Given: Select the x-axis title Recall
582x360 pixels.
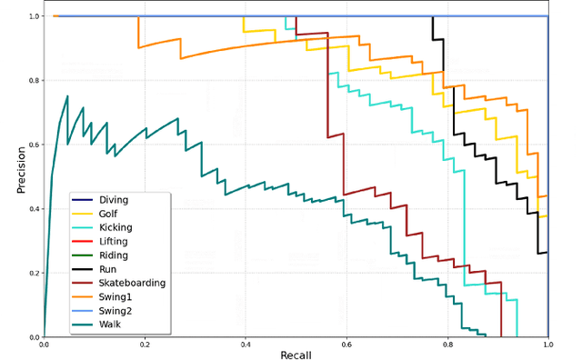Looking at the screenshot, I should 296,354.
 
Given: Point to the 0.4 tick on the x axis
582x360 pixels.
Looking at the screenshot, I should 246,345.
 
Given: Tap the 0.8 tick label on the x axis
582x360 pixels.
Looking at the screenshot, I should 447,345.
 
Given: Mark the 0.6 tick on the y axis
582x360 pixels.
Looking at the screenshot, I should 34,145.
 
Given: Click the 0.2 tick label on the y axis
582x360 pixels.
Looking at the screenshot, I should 34,273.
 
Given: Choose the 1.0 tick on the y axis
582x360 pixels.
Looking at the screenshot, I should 34,16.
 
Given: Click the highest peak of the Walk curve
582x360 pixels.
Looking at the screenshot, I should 67,96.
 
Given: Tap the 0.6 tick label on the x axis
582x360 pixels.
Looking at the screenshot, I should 346,345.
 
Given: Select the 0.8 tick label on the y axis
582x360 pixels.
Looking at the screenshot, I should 34,81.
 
